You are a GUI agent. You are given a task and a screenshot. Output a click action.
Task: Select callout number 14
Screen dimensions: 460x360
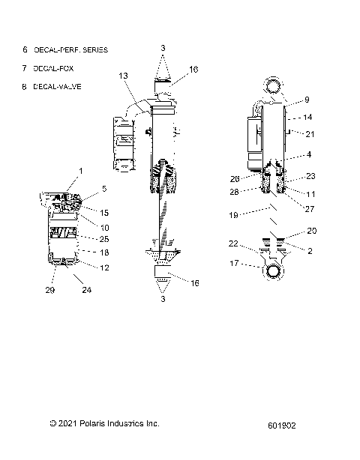tap(307, 117)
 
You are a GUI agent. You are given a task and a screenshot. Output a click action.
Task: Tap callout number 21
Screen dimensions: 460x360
tap(310, 133)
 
